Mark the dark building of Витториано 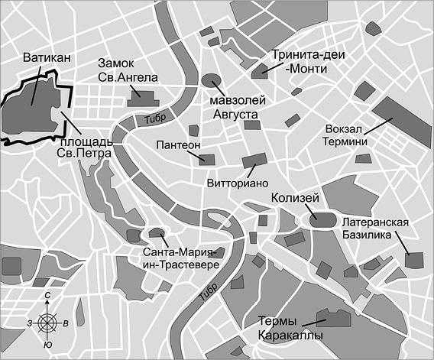pyautogui.click(x=254, y=161)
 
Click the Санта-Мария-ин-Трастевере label pyautogui.click(x=180, y=258)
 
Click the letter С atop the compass pyautogui.click(x=47, y=295)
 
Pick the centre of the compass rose pyautogui.click(x=47, y=322)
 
